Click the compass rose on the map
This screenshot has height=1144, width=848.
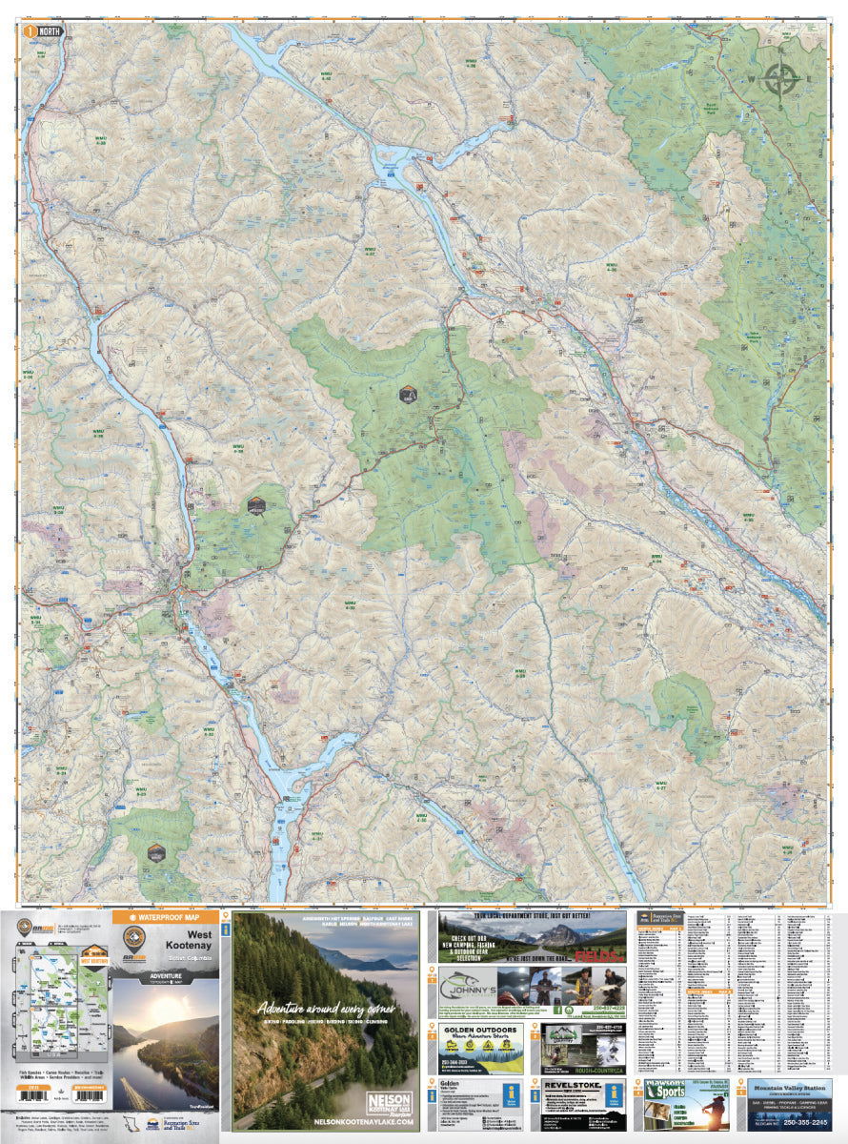[781, 79]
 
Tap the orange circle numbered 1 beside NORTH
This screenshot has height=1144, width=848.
[31, 31]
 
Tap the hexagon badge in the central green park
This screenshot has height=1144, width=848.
[408, 394]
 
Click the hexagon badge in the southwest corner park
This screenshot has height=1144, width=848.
[156, 851]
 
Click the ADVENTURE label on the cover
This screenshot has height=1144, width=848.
[166, 975]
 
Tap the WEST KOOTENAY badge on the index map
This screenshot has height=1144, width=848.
[92, 955]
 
